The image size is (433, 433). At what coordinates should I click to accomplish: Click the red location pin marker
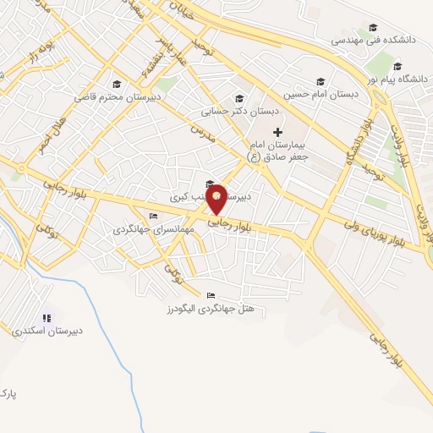(217, 198)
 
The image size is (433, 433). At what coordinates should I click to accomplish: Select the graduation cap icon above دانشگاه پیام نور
(397, 67)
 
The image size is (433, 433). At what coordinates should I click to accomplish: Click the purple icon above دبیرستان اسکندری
(47, 318)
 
